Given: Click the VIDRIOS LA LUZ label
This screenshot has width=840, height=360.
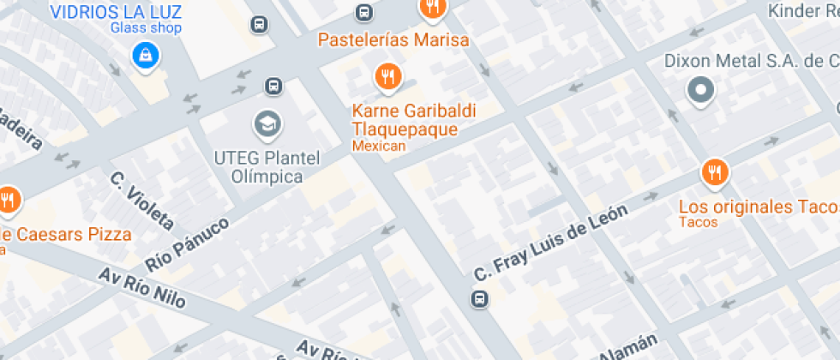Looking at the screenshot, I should [117, 11].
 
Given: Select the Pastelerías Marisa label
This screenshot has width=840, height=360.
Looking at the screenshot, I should [393, 40].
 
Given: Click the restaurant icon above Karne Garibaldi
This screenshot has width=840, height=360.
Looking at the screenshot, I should [388, 77].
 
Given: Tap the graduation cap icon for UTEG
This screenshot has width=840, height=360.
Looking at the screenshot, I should [267, 125].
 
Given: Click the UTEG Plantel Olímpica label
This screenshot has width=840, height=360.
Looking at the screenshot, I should [267, 167].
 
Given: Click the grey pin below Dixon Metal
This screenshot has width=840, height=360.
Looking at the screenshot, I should [702, 90].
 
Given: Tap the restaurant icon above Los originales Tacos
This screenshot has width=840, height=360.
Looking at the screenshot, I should [714, 174].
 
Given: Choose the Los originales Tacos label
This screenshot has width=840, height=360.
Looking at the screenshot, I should [758, 207].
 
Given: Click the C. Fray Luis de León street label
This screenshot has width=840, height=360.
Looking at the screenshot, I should [551, 242].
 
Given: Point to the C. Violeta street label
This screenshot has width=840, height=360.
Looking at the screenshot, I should [141, 201].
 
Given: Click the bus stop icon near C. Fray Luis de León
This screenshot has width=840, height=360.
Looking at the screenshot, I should [479, 298].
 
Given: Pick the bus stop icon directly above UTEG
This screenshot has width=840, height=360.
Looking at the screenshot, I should [273, 86].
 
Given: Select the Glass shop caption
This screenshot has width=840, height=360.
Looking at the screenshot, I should [146, 28].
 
